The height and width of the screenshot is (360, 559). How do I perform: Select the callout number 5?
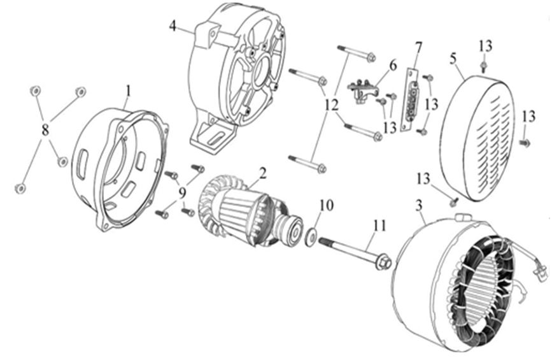coord(453,58)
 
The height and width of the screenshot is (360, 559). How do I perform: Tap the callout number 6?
coord(392,65)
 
